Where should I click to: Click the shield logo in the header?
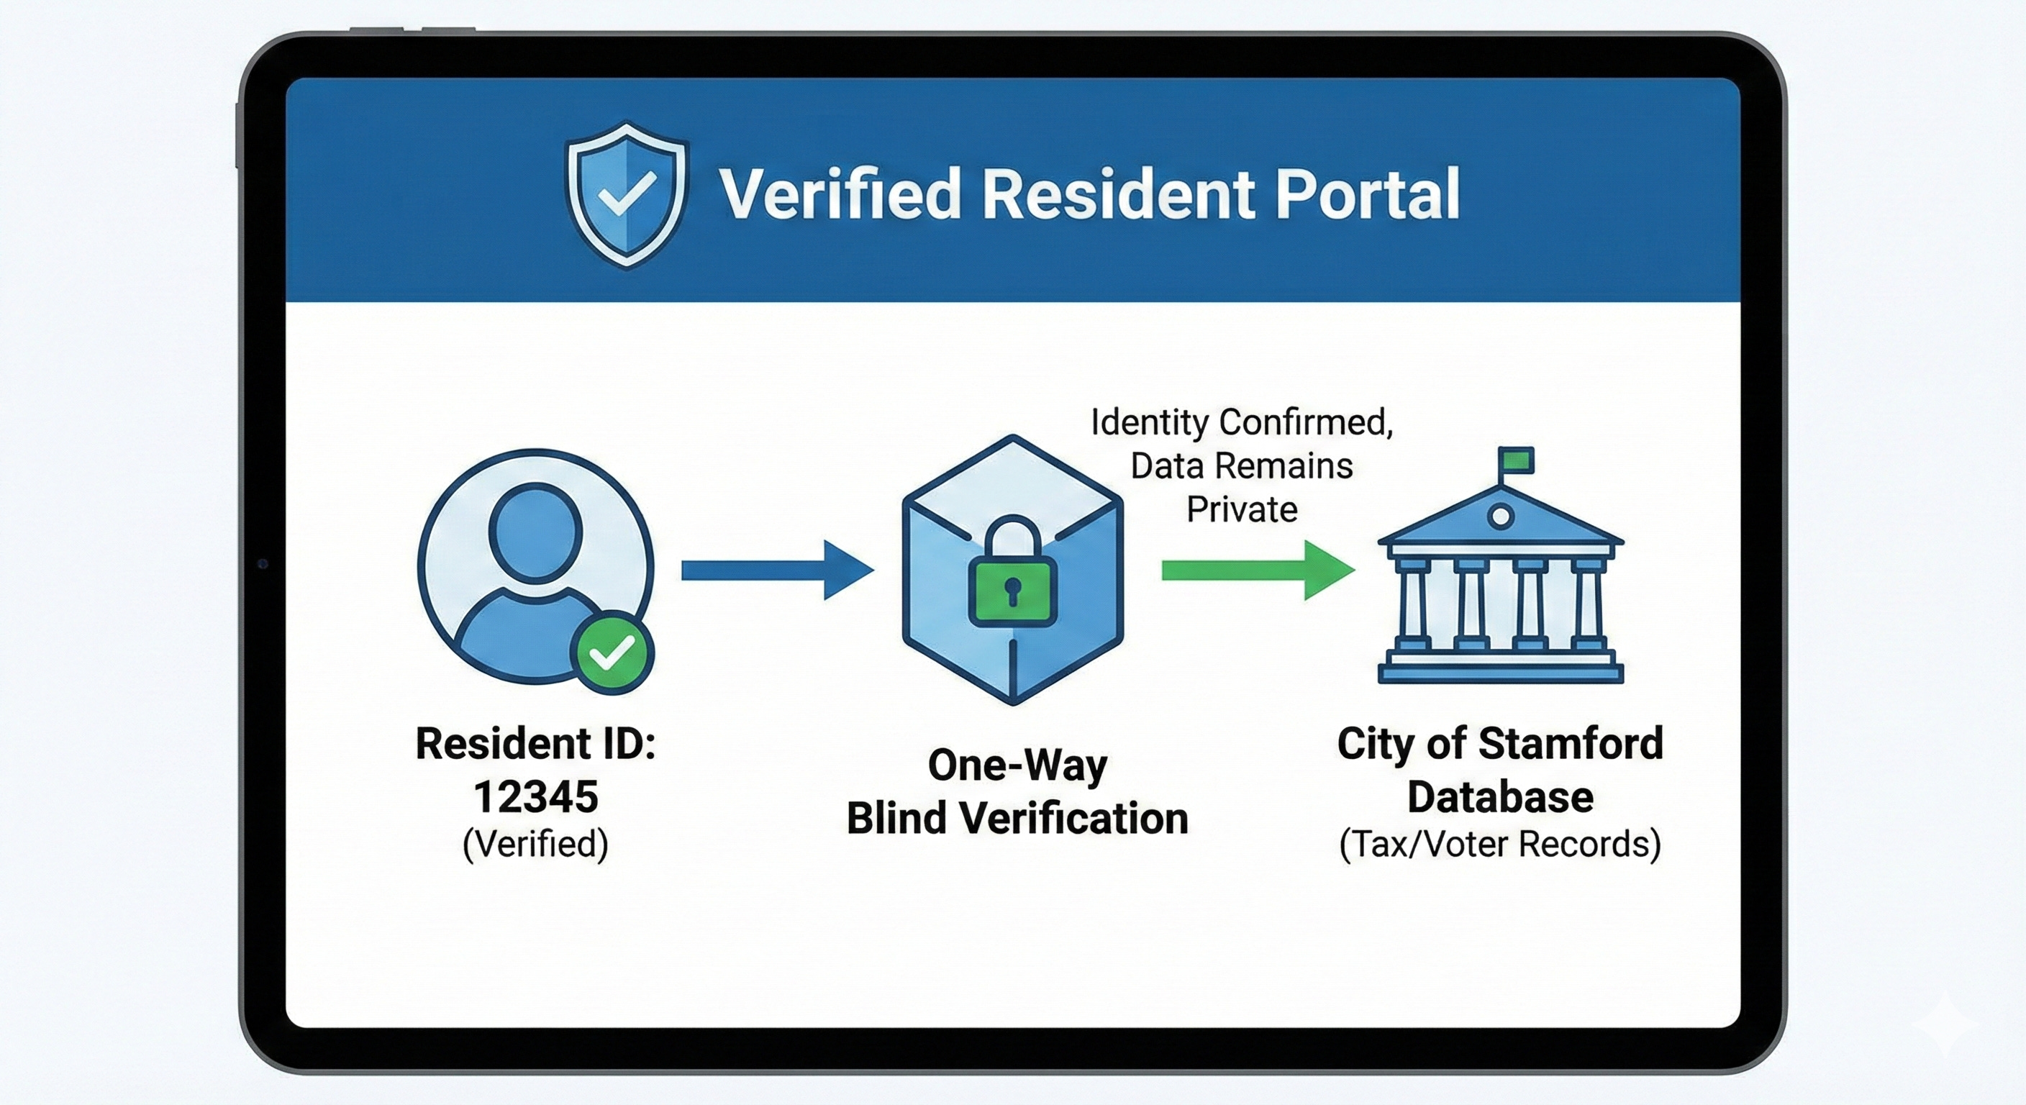(626, 194)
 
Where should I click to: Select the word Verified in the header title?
(840, 194)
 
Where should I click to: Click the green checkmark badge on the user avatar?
(612, 652)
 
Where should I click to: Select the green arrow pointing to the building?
(1257, 570)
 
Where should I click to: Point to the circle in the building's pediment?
(1501, 517)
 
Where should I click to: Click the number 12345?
(535, 796)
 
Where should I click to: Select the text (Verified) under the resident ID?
(535, 844)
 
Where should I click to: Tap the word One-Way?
(1018, 765)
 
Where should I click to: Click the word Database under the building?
(1500, 796)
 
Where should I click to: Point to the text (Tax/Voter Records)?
(1500, 844)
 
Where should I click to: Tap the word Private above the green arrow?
(1242, 509)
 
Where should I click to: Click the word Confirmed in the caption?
(1306, 422)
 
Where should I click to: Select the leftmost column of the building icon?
(1413, 604)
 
